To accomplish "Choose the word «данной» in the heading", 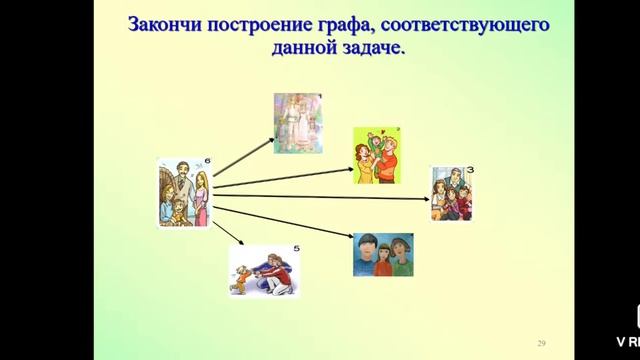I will tap(304, 49).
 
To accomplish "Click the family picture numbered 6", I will tap(184, 192).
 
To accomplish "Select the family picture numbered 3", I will tap(451, 193).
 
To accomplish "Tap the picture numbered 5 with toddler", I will tap(264, 271).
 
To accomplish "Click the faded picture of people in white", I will tap(299, 124).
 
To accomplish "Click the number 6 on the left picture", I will tap(206, 162).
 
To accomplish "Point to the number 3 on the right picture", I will tap(468, 171).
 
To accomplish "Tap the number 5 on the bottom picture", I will tap(296, 249).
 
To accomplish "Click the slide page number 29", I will tap(543, 340).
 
